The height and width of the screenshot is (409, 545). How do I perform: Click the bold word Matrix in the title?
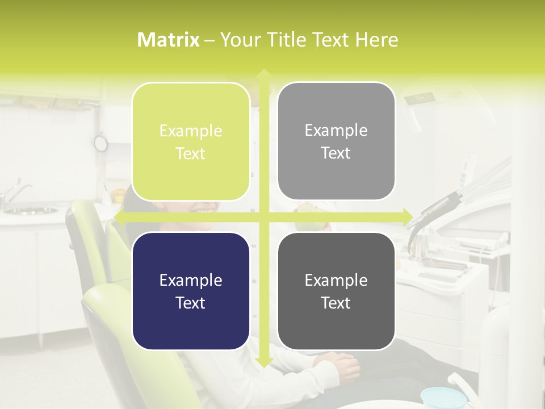169,40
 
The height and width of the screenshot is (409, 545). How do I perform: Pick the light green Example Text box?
191,142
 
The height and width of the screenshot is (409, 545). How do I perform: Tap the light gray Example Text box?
336,141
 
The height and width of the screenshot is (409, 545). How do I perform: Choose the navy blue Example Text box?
191,291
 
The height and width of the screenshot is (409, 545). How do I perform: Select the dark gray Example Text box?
336,291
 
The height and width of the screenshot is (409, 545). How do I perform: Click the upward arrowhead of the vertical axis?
263,74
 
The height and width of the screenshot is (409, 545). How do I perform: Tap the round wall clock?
100,143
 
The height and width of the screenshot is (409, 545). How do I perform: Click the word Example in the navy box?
191,280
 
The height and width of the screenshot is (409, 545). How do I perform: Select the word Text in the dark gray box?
336,303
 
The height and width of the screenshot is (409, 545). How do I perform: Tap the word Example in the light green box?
191,131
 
